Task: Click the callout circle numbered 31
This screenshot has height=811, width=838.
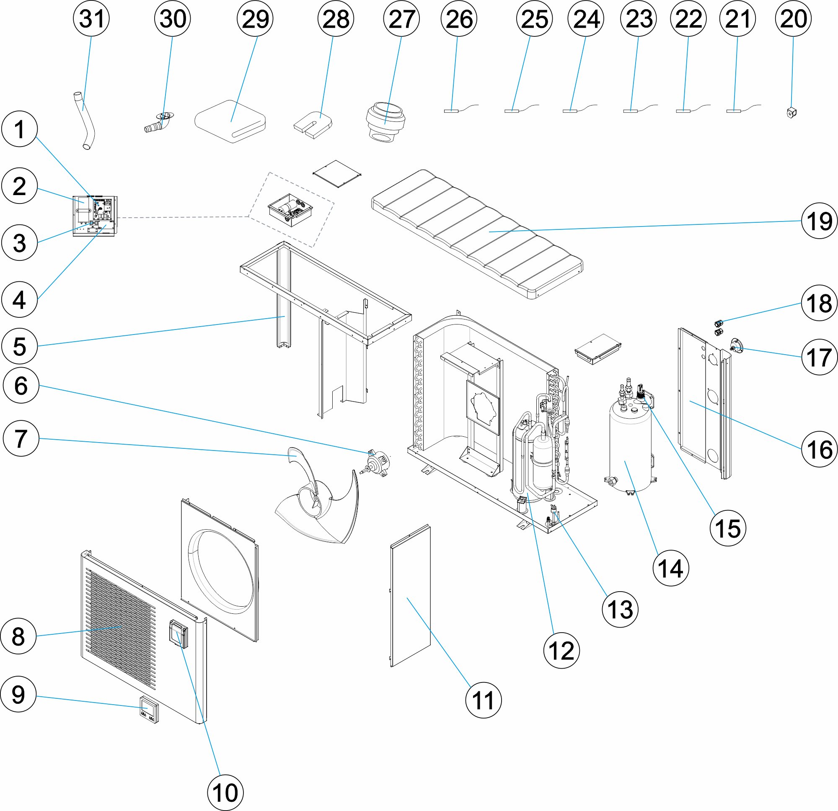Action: click(91, 19)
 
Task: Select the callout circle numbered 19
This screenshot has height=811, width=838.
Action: click(819, 221)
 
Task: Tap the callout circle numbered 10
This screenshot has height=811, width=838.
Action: click(225, 793)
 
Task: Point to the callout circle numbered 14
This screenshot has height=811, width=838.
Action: click(671, 568)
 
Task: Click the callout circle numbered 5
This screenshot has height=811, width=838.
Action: click(20, 346)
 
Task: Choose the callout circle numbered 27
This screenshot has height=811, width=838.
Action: click(401, 19)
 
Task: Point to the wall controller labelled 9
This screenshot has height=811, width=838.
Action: click(149, 710)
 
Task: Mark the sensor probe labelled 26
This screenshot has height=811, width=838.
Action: click(451, 111)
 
